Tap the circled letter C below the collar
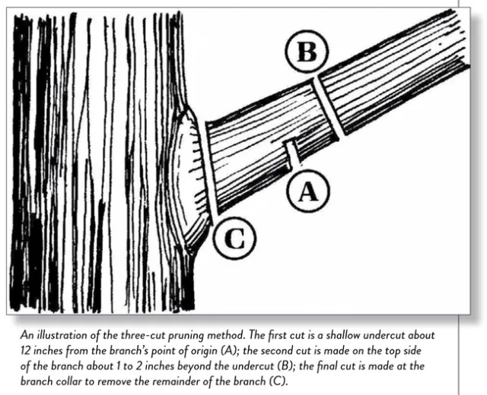(234, 241)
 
